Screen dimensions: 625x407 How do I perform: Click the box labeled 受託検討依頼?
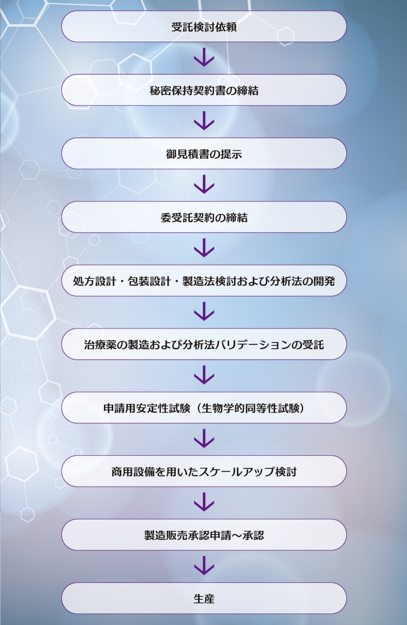click(x=203, y=27)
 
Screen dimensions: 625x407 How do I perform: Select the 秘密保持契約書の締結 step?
click(x=203, y=90)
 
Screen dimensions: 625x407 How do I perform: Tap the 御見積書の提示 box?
click(x=203, y=154)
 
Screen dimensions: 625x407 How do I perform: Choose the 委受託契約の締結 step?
click(x=203, y=217)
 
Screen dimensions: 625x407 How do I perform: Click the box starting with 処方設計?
click(x=203, y=281)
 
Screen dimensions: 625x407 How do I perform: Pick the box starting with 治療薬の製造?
click(x=203, y=344)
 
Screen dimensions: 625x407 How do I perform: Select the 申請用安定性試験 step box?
click(x=203, y=408)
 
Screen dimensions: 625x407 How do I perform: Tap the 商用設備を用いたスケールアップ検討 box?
click(x=203, y=471)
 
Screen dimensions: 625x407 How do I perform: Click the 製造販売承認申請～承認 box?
click(x=203, y=535)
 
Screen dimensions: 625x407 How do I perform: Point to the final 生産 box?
click(x=203, y=598)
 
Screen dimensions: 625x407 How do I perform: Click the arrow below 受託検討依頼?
click(x=203, y=58)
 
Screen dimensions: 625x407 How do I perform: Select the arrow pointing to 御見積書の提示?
click(x=203, y=121)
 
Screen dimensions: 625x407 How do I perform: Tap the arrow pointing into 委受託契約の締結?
click(x=203, y=185)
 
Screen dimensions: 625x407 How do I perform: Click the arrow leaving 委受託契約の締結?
click(x=203, y=248)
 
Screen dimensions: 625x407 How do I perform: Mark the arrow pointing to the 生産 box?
click(x=203, y=566)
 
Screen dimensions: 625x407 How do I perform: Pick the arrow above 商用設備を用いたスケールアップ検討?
click(x=203, y=439)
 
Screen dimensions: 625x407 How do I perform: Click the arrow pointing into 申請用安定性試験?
click(x=203, y=375)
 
